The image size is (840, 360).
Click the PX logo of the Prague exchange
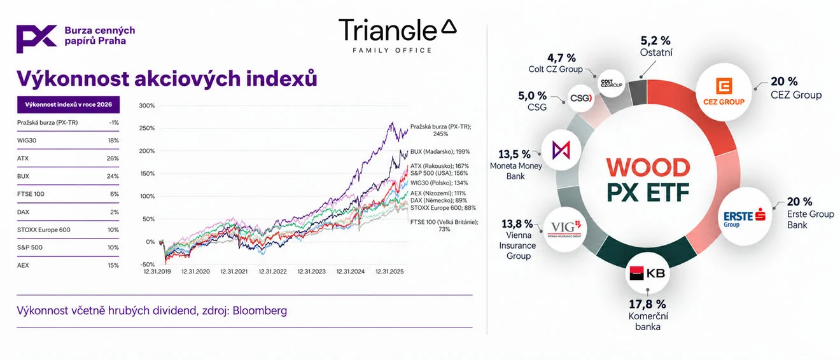coord(36,39)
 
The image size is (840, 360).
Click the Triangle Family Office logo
coord(398,36)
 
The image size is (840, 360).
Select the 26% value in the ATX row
coord(113,158)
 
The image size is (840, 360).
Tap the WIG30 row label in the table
coord(27,141)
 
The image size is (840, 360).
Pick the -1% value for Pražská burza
coord(114,123)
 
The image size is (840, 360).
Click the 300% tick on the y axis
coord(146,106)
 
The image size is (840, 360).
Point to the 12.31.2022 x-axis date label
coord(272,272)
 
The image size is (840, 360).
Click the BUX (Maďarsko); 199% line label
coord(440,152)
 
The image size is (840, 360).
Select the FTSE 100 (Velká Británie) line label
coord(444,225)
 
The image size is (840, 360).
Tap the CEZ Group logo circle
coord(724,92)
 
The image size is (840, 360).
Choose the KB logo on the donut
coord(648,273)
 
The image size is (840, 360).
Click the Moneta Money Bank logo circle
coord(561,150)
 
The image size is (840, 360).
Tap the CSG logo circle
coord(581,98)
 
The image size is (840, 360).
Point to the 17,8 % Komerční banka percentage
coord(648,304)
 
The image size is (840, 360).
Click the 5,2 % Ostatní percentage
coord(655,41)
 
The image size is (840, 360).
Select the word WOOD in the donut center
coord(648,167)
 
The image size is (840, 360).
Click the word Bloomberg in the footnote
coord(260,311)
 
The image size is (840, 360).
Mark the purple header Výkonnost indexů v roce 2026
coord(68,104)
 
